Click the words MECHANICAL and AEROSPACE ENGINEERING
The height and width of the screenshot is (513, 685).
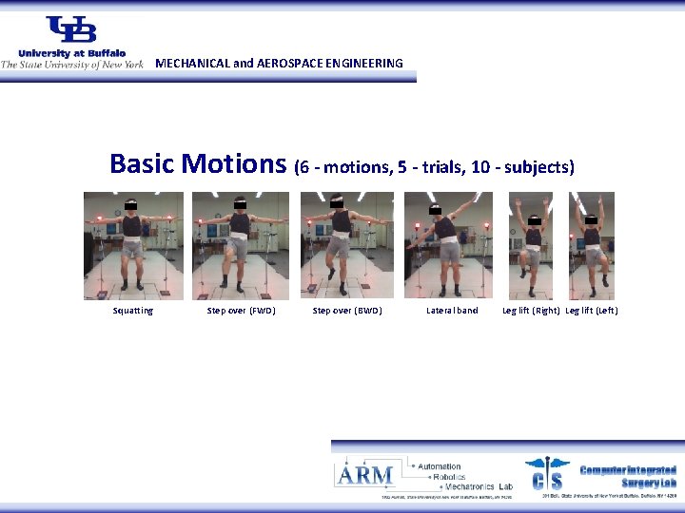click(279, 64)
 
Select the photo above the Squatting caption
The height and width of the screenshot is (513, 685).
click(132, 245)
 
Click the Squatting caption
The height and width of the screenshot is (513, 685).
click(132, 311)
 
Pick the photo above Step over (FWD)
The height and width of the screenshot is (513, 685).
click(240, 245)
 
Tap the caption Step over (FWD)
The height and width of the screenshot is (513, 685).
click(242, 311)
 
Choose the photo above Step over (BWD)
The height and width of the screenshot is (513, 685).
click(346, 245)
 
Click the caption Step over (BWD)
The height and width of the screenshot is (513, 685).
click(347, 311)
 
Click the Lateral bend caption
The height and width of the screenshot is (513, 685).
click(452, 311)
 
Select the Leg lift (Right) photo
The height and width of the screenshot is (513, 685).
click(533, 245)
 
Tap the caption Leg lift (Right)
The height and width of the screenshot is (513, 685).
click(531, 311)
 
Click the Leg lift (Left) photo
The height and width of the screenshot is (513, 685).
click(591, 245)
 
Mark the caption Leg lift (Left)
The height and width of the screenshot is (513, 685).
click(592, 311)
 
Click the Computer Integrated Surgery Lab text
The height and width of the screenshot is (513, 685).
click(628, 476)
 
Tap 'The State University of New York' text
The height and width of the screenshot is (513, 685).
click(71, 65)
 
